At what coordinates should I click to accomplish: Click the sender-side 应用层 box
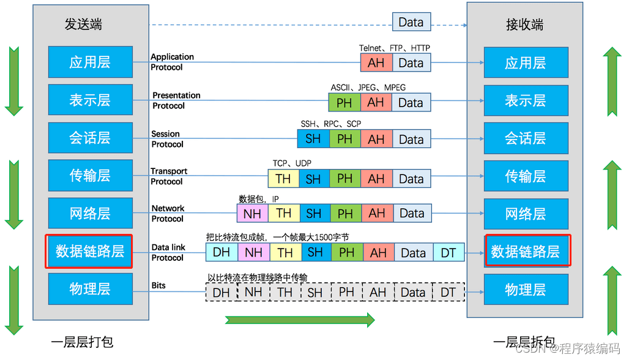[90, 62]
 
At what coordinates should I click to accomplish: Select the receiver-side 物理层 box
[526, 290]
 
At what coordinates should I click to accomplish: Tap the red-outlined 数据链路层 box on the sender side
[89, 251]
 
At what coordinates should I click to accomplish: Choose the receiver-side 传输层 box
[526, 176]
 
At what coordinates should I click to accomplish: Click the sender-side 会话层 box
[90, 138]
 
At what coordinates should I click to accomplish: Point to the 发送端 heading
[83, 24]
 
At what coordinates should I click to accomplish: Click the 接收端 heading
[525, 24]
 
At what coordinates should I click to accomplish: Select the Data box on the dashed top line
[411, 22]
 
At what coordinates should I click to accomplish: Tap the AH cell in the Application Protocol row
[376, 62]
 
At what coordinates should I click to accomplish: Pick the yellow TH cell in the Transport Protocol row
[283, 179]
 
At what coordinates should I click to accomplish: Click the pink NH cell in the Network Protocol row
[252, 214]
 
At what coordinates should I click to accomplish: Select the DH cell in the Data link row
[221, 252]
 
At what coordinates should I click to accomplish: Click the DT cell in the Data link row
[448, 252]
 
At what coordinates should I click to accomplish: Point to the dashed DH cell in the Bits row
[221, 292]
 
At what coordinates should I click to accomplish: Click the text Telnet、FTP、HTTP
[395, 48]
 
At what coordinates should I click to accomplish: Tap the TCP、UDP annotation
[292, 163]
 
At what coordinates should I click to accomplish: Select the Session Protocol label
[166, 139]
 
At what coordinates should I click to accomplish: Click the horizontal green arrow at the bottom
[300, 320]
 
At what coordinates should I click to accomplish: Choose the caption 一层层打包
[82, 342]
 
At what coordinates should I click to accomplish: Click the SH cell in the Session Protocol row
[313, 139]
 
